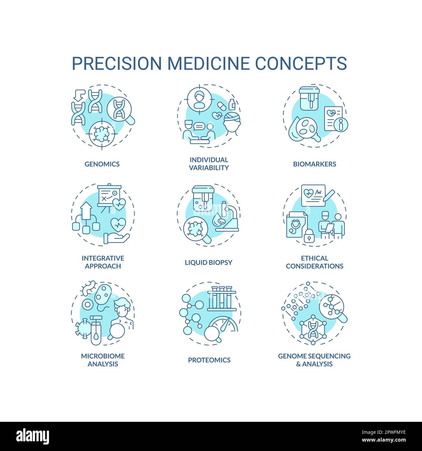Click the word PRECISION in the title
[117, 63]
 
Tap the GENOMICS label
[102, 164]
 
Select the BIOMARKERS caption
[314, 164]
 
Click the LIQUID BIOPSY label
[208, 262]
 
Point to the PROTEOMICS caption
[209, 360]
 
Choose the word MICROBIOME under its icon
[103, 356]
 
